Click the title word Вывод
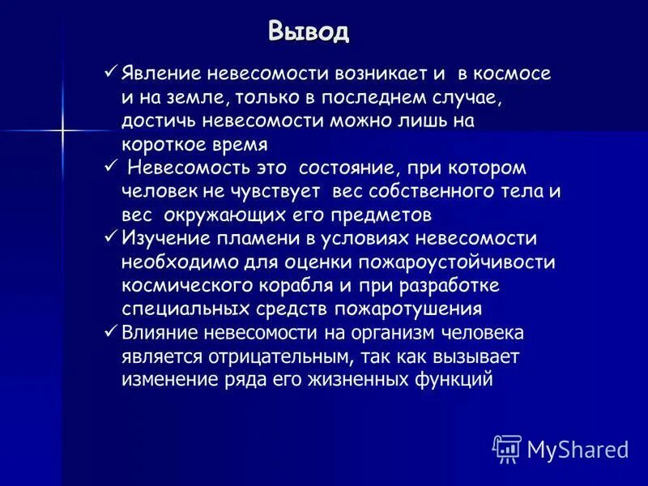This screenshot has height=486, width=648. tap(309, 32)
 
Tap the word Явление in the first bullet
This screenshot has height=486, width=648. tap(159, 75)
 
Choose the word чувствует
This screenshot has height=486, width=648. tap(274, 192)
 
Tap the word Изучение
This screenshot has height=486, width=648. tap(162, 239)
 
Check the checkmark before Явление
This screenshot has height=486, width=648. tap(112, 74)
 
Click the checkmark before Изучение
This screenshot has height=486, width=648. tap(112, 238)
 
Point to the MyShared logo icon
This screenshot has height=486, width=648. tap(507, 448)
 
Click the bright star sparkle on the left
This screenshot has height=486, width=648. tap(61, 130)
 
